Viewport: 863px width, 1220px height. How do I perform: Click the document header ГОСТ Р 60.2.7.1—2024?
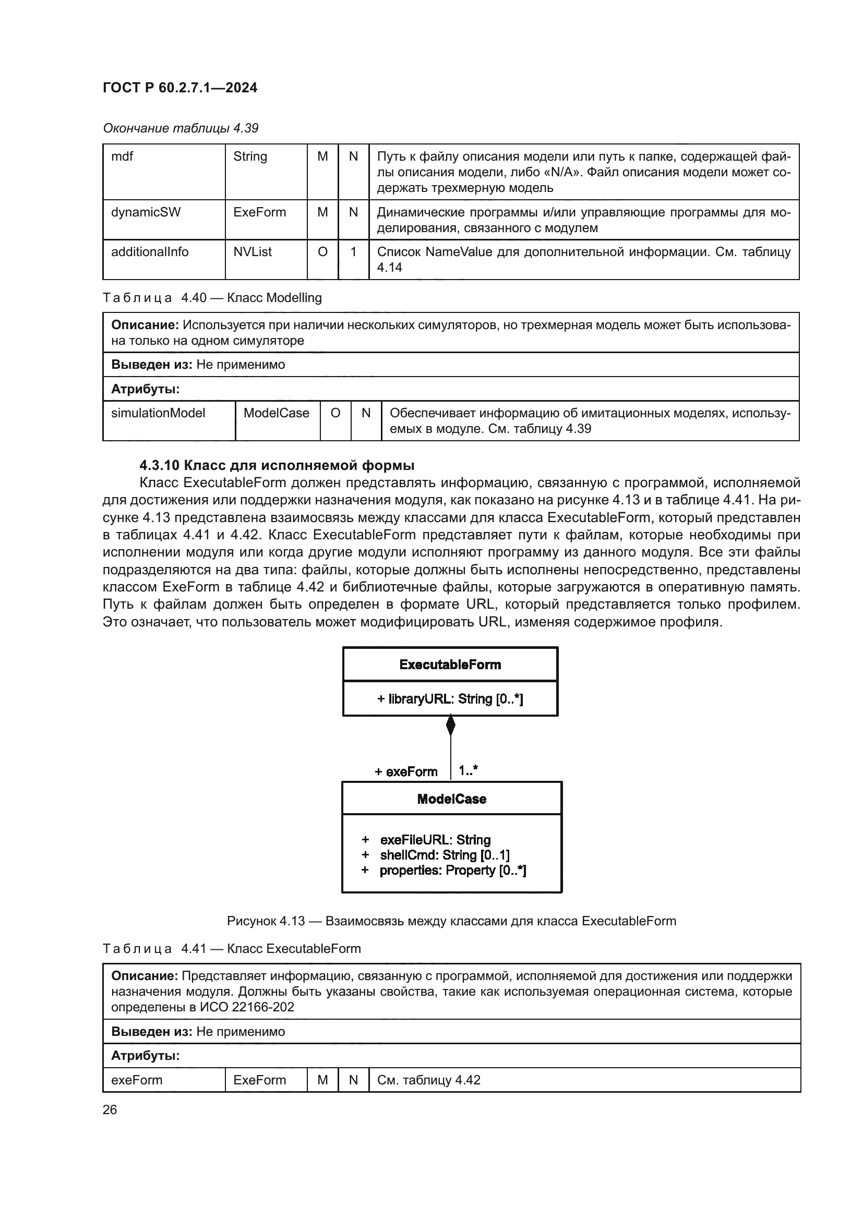coord(179,88)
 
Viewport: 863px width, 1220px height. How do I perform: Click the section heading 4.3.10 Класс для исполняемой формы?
coord(277,465)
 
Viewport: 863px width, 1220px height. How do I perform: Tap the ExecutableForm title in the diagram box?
coord(450,665)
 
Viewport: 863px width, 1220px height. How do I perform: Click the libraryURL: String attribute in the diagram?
coord(450,699)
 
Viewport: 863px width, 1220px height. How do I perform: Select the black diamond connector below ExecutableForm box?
coord(451,726)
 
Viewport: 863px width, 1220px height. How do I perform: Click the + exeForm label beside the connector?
coord(406,771)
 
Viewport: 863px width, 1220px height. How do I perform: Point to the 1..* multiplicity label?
coord(468,770)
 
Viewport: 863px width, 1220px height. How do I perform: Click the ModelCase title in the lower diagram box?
coord(452,799)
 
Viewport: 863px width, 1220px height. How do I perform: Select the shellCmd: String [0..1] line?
coord(444,855)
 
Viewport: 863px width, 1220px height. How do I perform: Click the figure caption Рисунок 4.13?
coord(451,921)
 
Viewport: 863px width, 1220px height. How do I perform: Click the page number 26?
coord(110,1110)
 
